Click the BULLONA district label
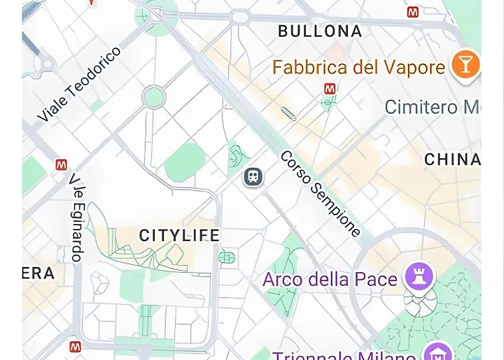(320, 31)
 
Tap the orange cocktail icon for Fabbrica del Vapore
(465, 66)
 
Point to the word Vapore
(414, 68)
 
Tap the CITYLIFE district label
(179, 235)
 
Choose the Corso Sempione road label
(320, 193)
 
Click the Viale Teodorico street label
(79, 85)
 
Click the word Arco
(283, 279)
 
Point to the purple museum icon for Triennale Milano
(436, 353)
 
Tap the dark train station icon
(253, 176)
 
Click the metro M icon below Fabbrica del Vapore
(330, 89)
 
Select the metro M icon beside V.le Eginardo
(61, 165)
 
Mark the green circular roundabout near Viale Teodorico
(153, 96)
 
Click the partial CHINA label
(452, 159)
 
